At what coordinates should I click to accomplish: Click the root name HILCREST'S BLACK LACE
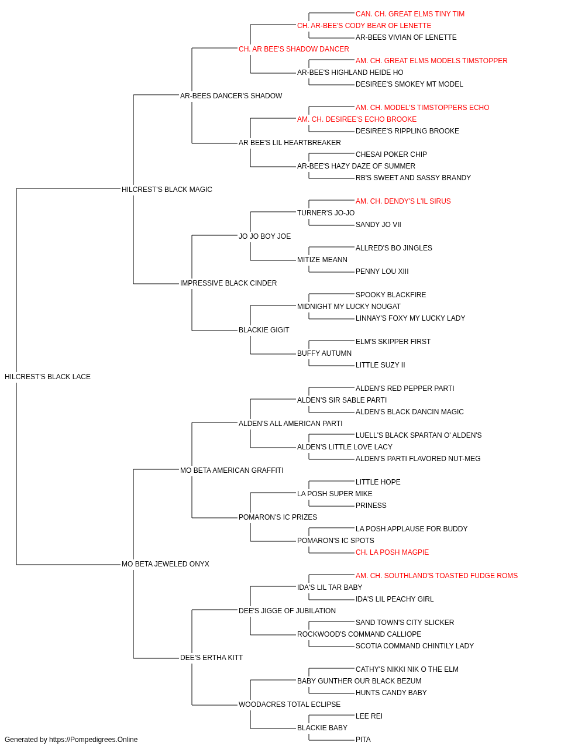click(47, 377)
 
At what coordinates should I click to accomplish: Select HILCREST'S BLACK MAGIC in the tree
click(167, 189)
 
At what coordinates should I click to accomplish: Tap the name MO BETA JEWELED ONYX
click(166, 564)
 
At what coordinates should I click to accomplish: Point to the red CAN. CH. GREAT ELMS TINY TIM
click(410, 14)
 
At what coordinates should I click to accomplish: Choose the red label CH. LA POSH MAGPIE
click(392, 552)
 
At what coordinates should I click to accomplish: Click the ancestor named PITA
click(363, 740)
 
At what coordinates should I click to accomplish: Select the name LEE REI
click(369, 716)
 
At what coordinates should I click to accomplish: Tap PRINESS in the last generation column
click(371, 506)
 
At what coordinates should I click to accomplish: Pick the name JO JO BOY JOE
click(264, 236)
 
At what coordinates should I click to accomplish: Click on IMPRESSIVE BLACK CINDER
click(228, 283)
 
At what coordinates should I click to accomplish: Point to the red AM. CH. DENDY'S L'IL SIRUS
click(403, 201)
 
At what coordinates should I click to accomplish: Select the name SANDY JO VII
click(378, 224)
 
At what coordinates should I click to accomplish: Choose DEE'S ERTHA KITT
click(212, 658)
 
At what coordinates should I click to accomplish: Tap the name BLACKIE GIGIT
click(264, 330)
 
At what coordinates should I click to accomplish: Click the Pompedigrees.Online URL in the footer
click(94, 740)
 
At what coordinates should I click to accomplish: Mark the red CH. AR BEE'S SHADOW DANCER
click(294, 49)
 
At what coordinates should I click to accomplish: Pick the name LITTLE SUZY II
click(380, 365)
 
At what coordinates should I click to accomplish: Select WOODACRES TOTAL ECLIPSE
click(290, 704)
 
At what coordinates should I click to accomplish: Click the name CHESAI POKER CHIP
click(391, 154)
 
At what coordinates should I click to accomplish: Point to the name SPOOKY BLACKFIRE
click(391, 295)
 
